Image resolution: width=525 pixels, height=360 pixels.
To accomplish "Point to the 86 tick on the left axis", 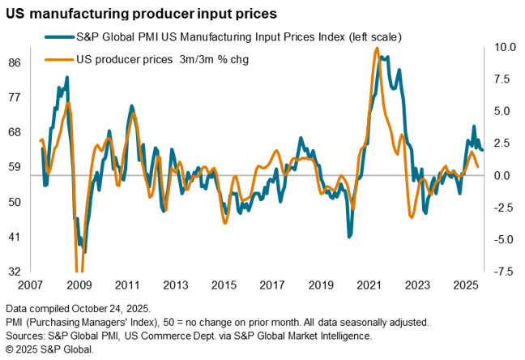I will point(15,62).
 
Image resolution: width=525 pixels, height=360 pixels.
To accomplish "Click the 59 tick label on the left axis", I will point(15,167).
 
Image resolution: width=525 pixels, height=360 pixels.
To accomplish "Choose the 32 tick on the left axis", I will point(15,271).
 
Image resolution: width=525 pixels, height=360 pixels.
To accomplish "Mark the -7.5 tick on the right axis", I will point(502,271).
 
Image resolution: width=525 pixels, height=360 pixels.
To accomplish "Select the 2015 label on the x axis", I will point(223,286).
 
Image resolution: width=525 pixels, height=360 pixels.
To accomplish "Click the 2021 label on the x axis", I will point(369,286).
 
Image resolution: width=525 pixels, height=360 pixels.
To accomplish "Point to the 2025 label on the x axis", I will point(465,286).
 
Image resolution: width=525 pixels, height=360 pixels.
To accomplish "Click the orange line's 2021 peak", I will point(377,49).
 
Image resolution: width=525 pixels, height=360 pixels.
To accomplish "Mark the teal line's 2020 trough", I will point(349,236).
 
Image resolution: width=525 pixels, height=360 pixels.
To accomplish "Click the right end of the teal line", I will point(483,149).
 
